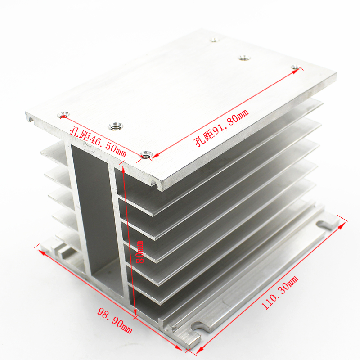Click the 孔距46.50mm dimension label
(98, 141)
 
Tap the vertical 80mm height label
(139, 252)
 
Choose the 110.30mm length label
(280, 292)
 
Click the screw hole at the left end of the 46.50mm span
(63, 115)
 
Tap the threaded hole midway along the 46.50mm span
(115, 126)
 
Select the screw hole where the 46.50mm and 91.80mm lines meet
(146, 155)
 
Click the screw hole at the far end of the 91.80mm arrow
(295, 67)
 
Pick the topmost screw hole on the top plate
(214, 40)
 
